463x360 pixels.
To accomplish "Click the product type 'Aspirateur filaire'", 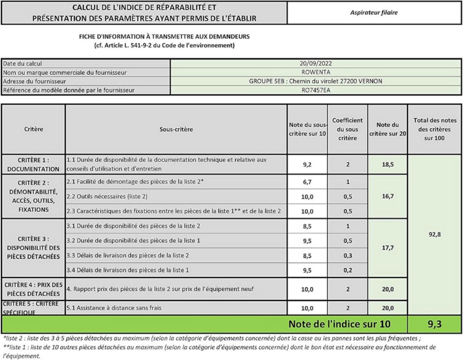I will [374, 13].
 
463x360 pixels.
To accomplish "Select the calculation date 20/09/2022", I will [315, 64].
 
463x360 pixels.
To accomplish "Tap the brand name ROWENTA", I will [315, 73].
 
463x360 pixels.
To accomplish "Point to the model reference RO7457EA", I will [315, 90].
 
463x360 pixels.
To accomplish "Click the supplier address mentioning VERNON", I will [315, 81].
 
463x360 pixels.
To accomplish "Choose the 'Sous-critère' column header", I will [176, 130].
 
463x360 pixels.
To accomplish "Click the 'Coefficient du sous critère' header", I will [347, 129].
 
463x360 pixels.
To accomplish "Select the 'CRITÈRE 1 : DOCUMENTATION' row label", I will [33, 165].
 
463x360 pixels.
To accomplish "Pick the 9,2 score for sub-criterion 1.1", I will [307, 165].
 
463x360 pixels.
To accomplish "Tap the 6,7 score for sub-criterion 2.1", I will [307, 182].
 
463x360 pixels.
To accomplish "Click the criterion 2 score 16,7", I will [387, 196].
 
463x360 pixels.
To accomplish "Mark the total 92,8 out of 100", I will [435, 234].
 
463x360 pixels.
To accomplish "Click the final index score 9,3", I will [435, 324].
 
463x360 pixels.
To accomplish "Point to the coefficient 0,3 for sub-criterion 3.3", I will [347, 256].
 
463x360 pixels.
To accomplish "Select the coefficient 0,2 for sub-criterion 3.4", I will [347, 270].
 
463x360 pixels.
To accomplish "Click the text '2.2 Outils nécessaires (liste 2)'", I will [107, 196].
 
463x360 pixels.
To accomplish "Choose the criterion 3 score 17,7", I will [387, 248].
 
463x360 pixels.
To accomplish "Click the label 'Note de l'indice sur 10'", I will [339, 324].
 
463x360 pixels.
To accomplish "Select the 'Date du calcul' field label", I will [23, 64].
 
